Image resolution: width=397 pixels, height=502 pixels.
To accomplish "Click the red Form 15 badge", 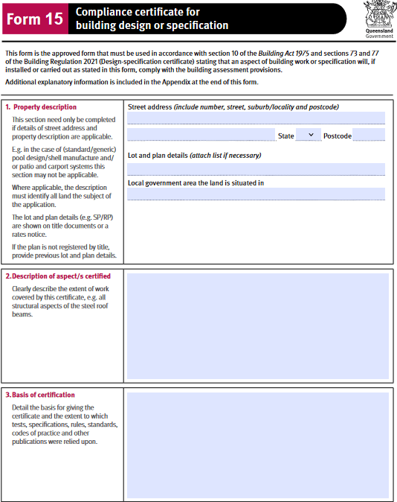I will [35, 19].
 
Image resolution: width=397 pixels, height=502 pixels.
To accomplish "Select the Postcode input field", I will [368, 135].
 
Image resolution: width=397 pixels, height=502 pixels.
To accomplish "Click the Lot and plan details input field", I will [256, 168].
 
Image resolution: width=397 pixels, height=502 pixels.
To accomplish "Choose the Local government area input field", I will [256, 194].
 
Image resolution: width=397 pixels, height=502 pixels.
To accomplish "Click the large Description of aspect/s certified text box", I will [257, 326].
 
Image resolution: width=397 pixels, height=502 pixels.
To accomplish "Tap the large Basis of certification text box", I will [257, 445].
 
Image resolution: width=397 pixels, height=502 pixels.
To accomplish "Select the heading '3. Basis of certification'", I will [43, 395].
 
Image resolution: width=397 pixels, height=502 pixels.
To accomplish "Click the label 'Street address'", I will [149, 107].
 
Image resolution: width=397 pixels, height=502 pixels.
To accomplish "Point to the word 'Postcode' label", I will [337, 136].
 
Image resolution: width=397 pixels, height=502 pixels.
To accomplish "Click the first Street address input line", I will [256, 118].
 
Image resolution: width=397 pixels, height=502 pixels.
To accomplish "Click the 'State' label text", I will [285, 136].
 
